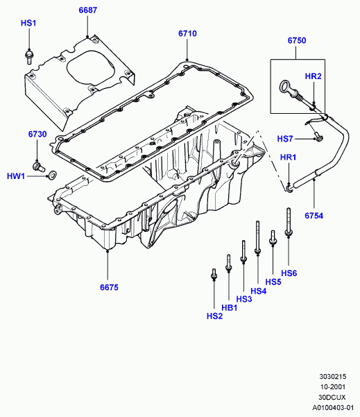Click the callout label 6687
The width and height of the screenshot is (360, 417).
tap(88, 10)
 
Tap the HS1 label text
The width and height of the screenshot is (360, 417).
tap(28, 23)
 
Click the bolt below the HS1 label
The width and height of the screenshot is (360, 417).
tap(28, 57)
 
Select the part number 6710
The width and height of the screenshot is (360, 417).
tap(187, 33)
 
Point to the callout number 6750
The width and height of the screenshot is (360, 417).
tap(297, 40)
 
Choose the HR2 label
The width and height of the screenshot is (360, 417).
tap(314, 76)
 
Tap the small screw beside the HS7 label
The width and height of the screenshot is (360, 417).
tap(318, 137)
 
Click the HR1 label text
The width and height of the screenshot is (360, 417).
tap(289, 158)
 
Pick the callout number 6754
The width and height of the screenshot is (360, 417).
tap(314, 216)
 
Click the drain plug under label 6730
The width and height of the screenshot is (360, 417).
tap(39, 167)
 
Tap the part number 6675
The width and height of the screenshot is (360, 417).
tap(109, 287)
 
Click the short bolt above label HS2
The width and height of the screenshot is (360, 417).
tap(214, 275)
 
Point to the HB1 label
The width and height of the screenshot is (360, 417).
tap(230, 308)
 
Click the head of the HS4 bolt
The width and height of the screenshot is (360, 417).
tap(257, 250)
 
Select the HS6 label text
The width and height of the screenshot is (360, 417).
tap(289, 273)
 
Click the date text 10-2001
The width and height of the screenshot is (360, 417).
tap(333, 387)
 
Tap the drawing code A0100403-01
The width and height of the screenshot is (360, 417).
tap(333, 408)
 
